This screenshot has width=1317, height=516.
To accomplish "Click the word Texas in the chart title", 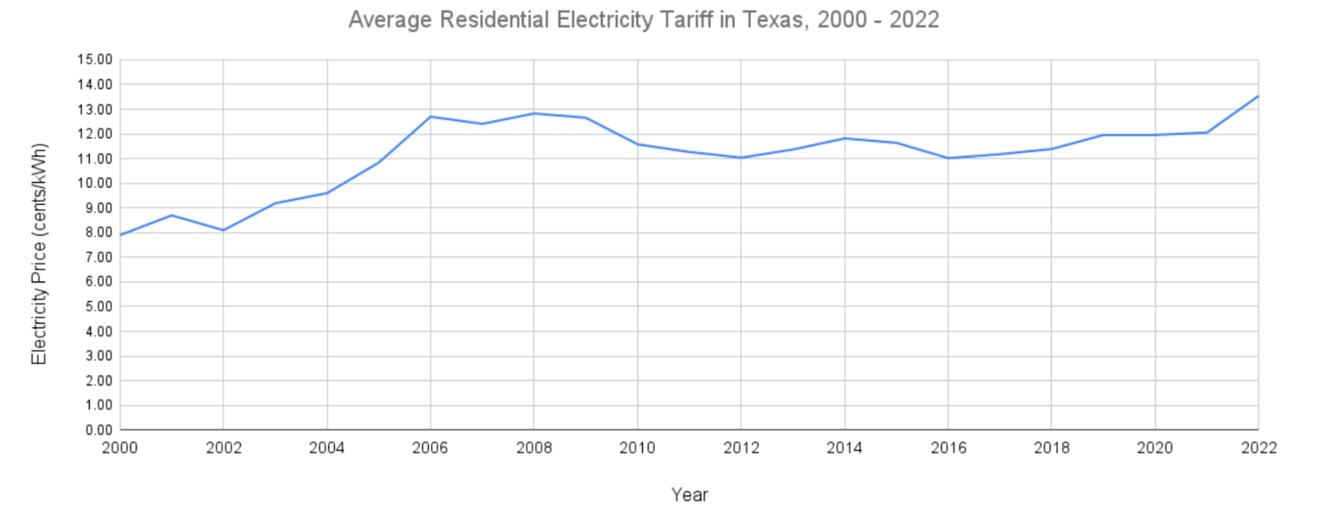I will pyautogui.click(x=773, y=20).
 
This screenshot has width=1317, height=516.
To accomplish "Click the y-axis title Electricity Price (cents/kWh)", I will pyautogui.click(x=39, y=254).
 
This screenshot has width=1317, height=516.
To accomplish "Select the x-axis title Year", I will pyautogui.click(x=689, y=495).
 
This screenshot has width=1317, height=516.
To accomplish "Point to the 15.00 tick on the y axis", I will pyautogui.click(x=95, y=60).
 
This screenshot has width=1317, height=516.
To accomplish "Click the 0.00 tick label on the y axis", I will pyautogui.click(x=98, y=430).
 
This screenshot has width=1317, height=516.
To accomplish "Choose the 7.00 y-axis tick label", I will pyautogui.click(x=98, y=257).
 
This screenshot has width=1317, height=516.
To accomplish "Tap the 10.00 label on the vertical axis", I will pyautogui.click(x=95, y=183).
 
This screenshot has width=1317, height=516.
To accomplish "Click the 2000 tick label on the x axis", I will pyautogui.click(x=120, y=448).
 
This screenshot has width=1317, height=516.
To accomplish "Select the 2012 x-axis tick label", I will pyautogui.click(x=741, y=448).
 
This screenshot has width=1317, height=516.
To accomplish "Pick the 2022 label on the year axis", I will pyautogui.click(x=1259, y=448).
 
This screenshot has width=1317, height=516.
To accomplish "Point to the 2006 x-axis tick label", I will pyautogui.click(x=430, y=448).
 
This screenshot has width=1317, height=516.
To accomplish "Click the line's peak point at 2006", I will pyautogui.click(x=430, y=116).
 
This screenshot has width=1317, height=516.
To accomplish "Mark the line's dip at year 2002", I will pyautogui.click(x=223, y=230).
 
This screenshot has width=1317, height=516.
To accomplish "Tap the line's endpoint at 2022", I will pyautogui.click(x=1258, y=96).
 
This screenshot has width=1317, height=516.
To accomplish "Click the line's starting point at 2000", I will pyautogui.click(x=121, y=235).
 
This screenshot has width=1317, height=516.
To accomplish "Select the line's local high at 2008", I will pyautogui.click(x=534, y=113).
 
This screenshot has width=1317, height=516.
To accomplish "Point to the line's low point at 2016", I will pyautogui.click(x=948, y=158).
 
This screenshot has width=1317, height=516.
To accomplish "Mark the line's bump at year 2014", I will pyautogui.click(x=845, y=138).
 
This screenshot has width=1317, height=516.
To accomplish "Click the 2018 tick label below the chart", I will pyautogui.click(x=1051, y=448).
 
